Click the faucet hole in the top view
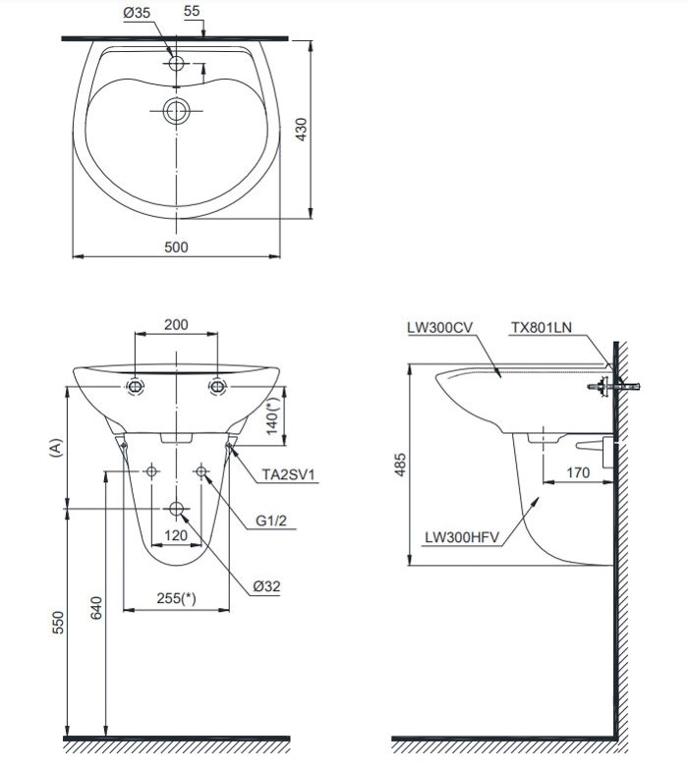click(177, 64)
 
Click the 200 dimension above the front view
click(176, 325)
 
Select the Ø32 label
click(267, 585)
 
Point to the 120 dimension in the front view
click(176, 535)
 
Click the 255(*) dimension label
click(175, 598)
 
